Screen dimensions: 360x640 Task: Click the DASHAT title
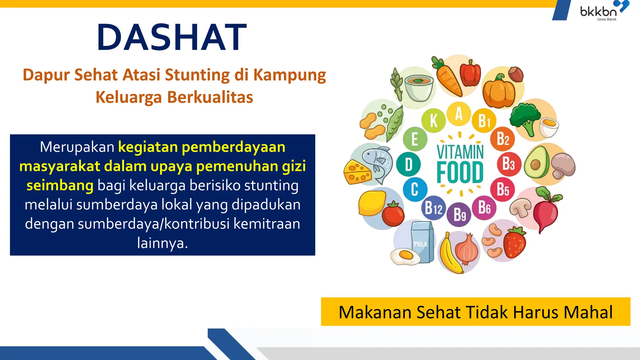(172, 37)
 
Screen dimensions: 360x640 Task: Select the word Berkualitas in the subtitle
(210, 97)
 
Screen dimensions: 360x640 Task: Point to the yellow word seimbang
(60, 186)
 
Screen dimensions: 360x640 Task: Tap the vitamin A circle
(458, 114)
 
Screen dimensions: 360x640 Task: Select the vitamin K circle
(433, 120)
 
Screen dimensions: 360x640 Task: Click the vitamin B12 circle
(433, 208)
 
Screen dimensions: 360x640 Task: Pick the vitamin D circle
(408, 164)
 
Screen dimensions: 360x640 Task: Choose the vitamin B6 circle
(484, 207)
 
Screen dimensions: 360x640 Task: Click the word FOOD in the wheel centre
(460, 172)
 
